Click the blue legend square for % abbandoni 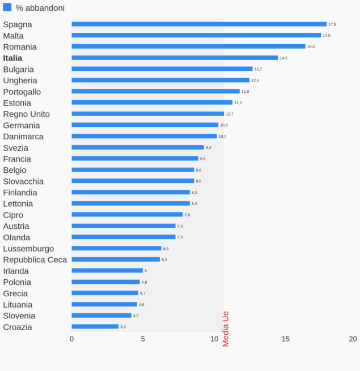pyautogui.click(x=7, y=7)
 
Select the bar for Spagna pyautogui.click(x=198, y=24)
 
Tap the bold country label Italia pyautogui.click(x=12, y=58)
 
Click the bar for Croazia pyautogui.click(x=95, y=327)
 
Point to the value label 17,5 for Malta pyautogui.click(x=327, y=36)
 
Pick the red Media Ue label pyautogui.click(x=226, y=329)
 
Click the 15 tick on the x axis pyautogui.click(x=286, y=339)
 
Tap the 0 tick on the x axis pyautogui.click(x=71, y=339)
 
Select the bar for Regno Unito pyautogui.click(x=147, y=114)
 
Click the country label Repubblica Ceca pyautogui.click(x=35, y=259)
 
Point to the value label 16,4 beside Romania pyautogui.click(x=311, y=46)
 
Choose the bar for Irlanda pyautogui.click(x=107, y=271)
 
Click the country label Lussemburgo pyautogui.click(x=28, y=249)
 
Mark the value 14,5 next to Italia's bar pyautogui.click(x=283, y=58)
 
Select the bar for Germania pyautogui.click(x=145, y=125)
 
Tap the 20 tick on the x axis pyautogui.click(x=353, y=339)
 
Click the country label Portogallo pyautogui.click(x=22, y=92)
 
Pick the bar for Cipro pyautogui.click(x=127, y=215)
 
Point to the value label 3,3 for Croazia pyautogui.click(x=123, y=327)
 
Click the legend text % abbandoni pyautogui.click(x=40, y=8)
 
